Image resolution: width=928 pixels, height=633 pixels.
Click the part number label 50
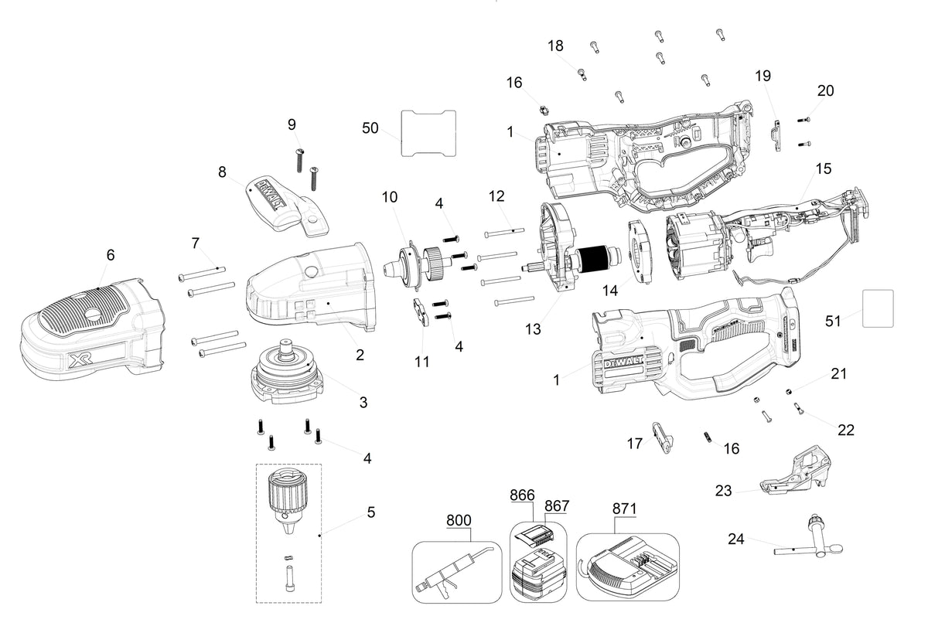pyautogui.click(x=370, y=128)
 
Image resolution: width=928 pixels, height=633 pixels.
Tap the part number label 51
pyautogui.click(x=833, y=321)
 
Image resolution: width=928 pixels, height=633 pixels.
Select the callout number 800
pyautogui.click(x=459, y=520)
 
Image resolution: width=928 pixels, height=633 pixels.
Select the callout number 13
pyautogui.click(x=533, y=329)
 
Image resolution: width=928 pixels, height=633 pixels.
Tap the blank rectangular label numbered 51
pyautogui.click(x=878, y=308)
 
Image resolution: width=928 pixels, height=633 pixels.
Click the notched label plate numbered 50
pyautogui.click(x=428, y=133)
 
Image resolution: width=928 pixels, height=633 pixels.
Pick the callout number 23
pyautogui.click(x=723, y=491)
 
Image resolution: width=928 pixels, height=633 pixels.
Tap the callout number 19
pyautogui.click(x=763, y=76)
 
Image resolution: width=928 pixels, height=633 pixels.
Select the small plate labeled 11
pyautogui.click(x=421, y=312)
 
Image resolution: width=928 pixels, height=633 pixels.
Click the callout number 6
pyautogui.click(x=111, y=254)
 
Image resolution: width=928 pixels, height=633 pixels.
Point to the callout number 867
pyautogui.click(x=557, y=506)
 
